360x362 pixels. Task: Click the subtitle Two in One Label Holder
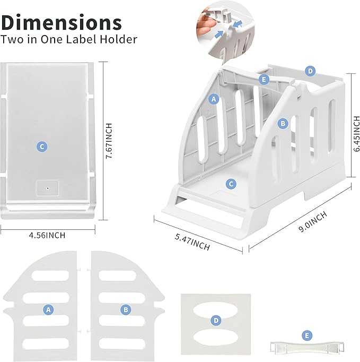(x=69, y=39)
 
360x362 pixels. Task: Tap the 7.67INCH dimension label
(x=109, y=139)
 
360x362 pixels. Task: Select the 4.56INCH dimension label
(x=48, y=234)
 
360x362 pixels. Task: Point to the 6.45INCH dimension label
(x=356, y=135)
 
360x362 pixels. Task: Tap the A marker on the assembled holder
(x=214, y=99)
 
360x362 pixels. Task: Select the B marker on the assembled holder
(x=283, y=123)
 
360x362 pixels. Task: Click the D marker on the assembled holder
(x=310, y=71)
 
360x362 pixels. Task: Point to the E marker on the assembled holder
(x=264, y=79)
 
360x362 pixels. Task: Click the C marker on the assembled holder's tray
(x=231, y=184)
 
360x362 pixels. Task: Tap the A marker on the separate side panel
(x=48, y=309)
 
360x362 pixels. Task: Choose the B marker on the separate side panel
(x=125, y=309)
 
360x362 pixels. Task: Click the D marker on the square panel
(x=215, y=321)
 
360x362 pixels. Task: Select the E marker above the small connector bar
(x=306, y=335)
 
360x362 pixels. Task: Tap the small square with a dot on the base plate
(x=47, y=188)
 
